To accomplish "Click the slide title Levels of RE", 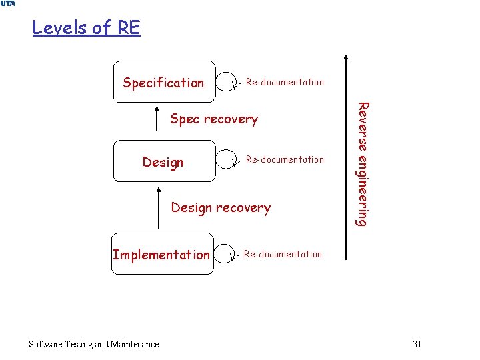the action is [86, 28].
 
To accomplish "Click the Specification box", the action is [164, 83].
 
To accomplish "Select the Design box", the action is [164, 161].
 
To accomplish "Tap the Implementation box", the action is [162, 254].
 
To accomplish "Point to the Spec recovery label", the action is [214, 119].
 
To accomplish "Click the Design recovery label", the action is [221, 207].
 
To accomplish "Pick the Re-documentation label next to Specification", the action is [285, 82].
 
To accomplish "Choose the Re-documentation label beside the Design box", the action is [285, 159].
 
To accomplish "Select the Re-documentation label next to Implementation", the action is [283, 254].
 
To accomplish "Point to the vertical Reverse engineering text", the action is [361, 163].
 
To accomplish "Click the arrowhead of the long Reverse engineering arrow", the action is [345, 59].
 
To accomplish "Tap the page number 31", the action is [417, 344].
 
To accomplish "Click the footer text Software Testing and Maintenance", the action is [94, 344].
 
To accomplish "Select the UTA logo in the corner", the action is [9, 4].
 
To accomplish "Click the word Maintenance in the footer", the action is [135, 344].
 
